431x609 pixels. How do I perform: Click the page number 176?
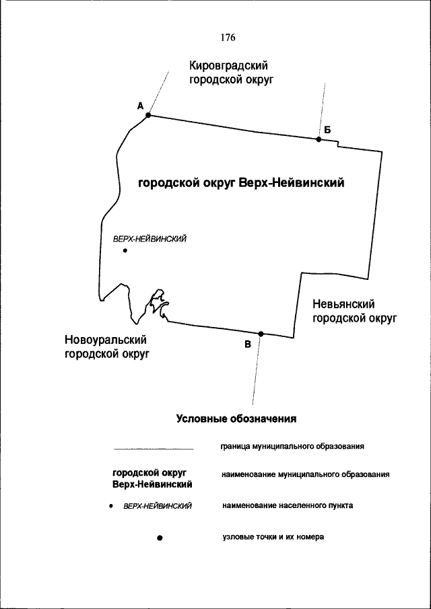pos(228,38)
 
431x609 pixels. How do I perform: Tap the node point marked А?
pos(148,115)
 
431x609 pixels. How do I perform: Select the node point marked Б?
pos(319,139)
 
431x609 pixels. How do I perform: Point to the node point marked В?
pos(261,334)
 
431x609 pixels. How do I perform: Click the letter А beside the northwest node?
pos(140,106)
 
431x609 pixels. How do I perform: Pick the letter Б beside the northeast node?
pos(327,129)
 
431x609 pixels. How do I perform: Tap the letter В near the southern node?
pos(248,345)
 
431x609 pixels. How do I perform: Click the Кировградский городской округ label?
pos(229,72)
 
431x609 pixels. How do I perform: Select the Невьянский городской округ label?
pos(354,312)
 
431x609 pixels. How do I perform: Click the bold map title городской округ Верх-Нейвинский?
pos(242,183)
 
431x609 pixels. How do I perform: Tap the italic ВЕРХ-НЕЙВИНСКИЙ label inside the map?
pos(150,239)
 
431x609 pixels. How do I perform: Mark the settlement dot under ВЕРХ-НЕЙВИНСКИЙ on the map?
pos(125,251)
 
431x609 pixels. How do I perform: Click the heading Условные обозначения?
pos(236,418)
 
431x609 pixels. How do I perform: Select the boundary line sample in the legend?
pos(153,447)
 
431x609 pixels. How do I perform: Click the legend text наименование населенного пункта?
pos(287,505)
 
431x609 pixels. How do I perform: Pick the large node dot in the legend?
pos(160,538)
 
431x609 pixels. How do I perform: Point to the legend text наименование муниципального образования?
pos(305,474)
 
